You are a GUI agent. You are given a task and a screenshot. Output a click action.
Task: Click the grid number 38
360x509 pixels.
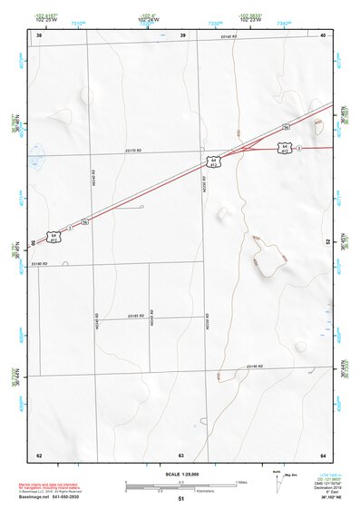click(39, 34)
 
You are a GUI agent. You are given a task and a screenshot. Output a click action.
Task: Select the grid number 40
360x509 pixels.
click(323, 34)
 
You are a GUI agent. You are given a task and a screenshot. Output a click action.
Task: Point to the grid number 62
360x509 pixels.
click(39, 455)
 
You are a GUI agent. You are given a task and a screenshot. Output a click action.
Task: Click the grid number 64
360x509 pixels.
click(323, 455)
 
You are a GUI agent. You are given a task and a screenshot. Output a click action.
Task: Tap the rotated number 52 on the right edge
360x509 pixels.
click(328, 242)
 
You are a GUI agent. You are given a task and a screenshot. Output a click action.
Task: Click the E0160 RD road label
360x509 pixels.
click(229, 37)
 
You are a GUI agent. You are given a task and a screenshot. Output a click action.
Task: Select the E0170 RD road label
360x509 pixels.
click(134, 151)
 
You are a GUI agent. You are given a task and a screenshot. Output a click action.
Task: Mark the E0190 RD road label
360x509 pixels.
click(254, 366)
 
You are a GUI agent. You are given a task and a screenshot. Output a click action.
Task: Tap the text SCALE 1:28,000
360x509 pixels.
click(180, 475)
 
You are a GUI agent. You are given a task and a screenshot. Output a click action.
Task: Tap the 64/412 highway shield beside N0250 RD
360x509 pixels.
click(214, 162)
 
